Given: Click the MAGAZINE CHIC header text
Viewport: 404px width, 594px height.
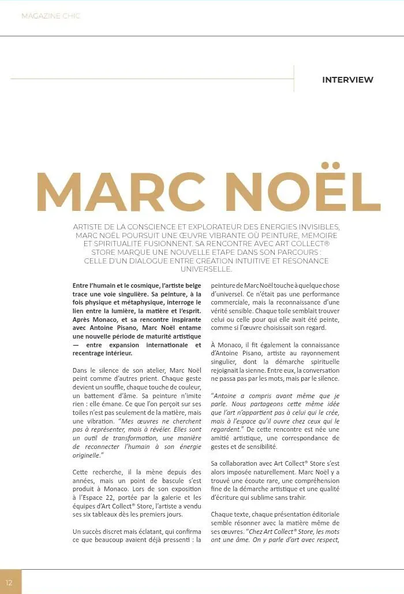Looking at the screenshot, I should coord(51,16).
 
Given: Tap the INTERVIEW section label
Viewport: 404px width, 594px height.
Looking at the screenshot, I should coord(347,80).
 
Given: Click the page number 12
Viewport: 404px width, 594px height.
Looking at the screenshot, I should coord(9,582).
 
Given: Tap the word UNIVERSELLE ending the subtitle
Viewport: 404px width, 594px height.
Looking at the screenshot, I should coord(206,269).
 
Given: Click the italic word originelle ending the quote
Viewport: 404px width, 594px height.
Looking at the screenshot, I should coord(87,455).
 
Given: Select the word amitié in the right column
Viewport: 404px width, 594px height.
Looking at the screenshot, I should coord(222,438).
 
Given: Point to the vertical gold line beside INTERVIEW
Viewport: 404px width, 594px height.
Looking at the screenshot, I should coord(294,79).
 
